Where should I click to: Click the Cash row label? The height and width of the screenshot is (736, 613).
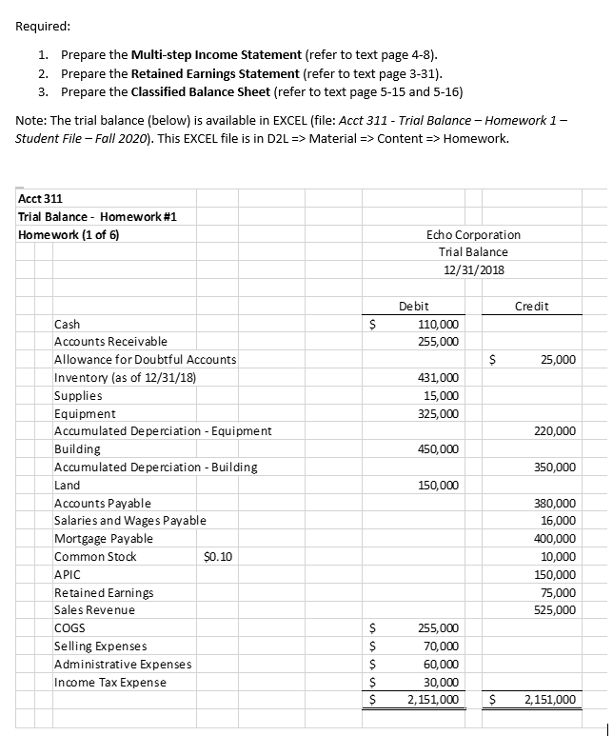pyautogui.click(x=68, y=324)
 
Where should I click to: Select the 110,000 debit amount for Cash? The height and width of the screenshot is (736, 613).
pyautogui.click(x=438, y=324)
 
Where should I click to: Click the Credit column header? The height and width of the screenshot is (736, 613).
pyautogui.click(x=531, y=306)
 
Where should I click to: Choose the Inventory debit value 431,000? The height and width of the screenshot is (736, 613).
pyautogui.click(x=438, y=378)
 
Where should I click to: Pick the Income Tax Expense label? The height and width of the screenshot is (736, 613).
pyautogui.click(x=109, y=682)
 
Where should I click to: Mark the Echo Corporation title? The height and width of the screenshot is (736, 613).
pyautogui.click(x=474, y=234)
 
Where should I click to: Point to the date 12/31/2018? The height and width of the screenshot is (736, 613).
pyautogui.click(x=474, y=269)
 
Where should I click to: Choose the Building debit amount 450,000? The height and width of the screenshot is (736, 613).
pyautogui.click(x=438, y=449)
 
